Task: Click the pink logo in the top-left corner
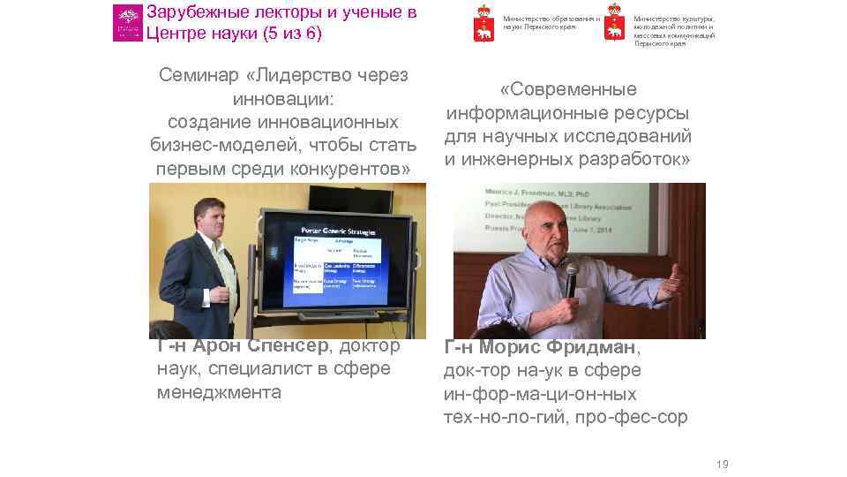[127, 23]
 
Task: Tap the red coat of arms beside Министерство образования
[483, 23]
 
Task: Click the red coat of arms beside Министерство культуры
[613, 26]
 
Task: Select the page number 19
[723, 465]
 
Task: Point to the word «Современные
[568, 90]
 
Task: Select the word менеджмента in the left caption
[220, 392]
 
